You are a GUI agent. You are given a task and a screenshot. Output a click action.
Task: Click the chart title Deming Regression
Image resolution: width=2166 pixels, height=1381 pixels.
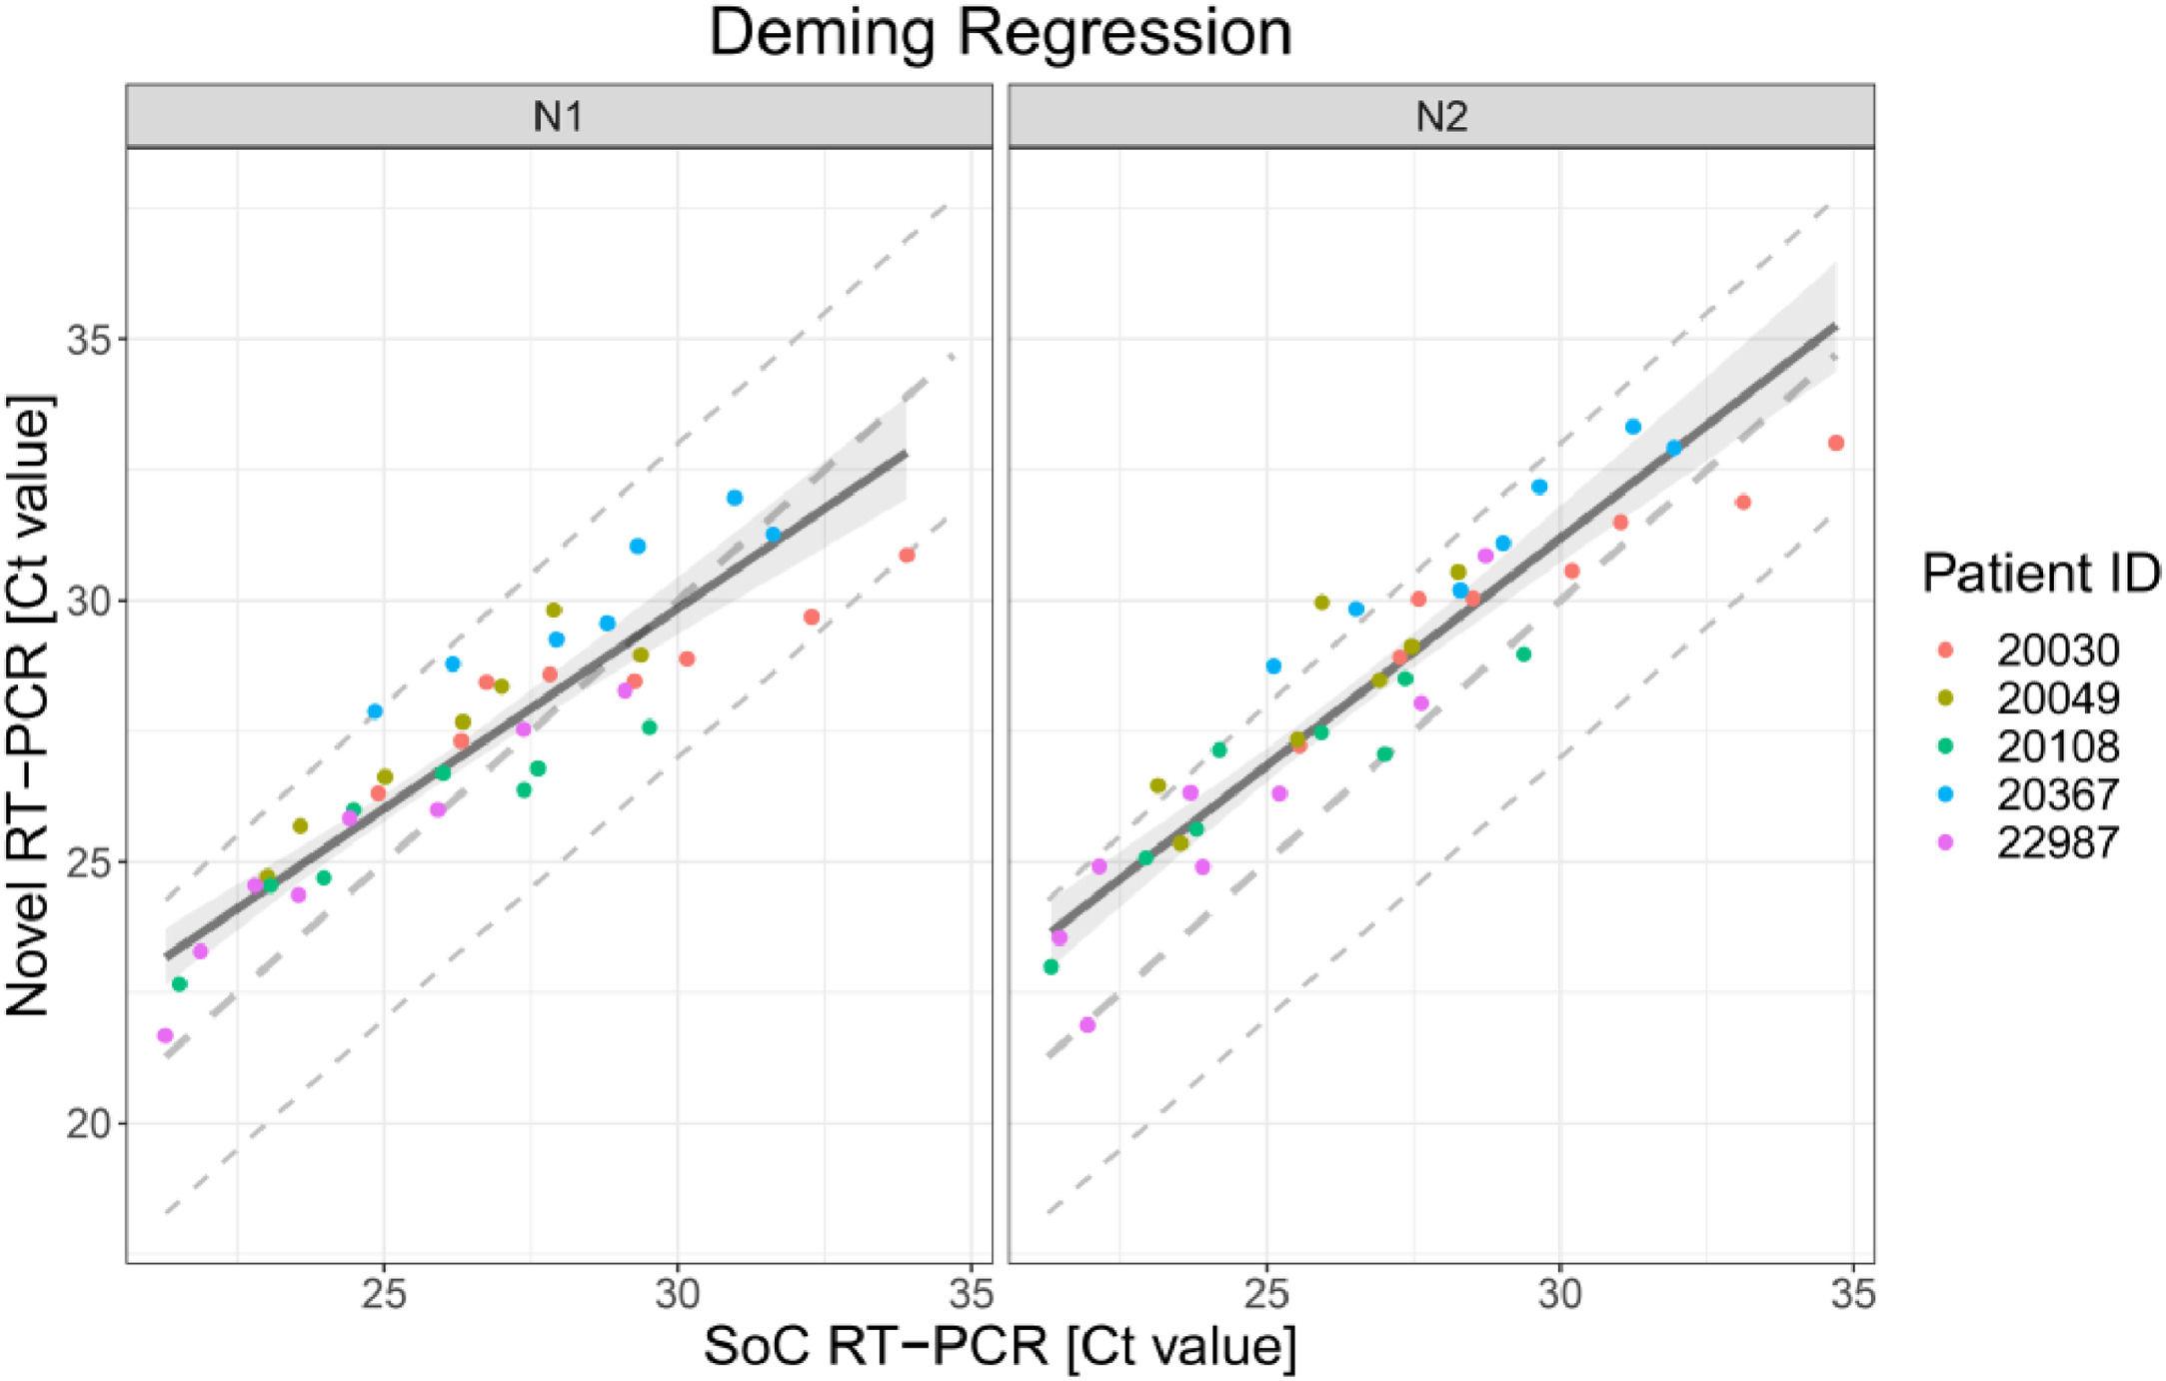[x=1000, y=32]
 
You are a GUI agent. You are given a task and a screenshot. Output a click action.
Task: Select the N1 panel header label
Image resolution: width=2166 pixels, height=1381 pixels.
[x=559, y=118]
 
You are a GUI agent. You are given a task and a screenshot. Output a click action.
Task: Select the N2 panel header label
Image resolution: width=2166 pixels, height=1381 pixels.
[x=1441, y=118]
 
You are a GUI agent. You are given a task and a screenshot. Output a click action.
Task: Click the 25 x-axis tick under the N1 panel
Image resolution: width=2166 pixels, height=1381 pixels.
[x=384, y=1296]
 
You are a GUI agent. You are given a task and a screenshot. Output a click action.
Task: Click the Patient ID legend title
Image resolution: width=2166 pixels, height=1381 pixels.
[x=2039, y=574]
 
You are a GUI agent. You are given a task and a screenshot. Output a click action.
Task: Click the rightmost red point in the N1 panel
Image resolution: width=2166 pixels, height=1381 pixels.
[x=907, y=555]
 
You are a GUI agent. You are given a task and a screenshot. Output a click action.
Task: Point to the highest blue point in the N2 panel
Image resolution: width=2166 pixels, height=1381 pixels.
[x=1633, y=427]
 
